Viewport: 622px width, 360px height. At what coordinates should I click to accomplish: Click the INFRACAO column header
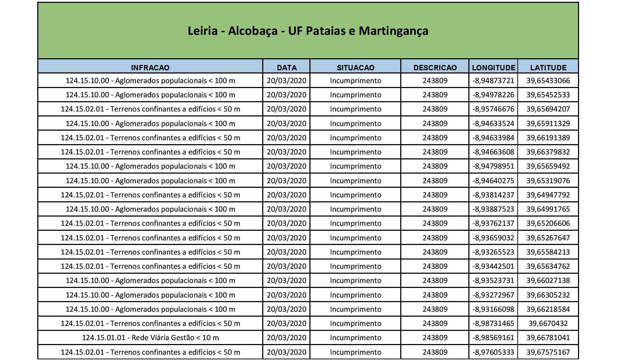(x=150, y=67)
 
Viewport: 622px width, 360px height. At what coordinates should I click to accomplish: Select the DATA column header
(x=287, y=67)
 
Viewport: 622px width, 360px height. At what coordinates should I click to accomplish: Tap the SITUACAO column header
(x=356, y=67)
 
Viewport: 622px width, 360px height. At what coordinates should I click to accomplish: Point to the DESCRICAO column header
(x=435, y=67)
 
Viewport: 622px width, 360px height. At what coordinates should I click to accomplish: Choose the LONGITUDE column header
(x=494, y=67)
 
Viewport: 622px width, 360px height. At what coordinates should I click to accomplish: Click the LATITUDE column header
(x=548, y=67)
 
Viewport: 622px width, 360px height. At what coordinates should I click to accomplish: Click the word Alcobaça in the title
(x=253, y=31)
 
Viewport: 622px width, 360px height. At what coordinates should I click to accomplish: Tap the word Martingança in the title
(x=393, y=31)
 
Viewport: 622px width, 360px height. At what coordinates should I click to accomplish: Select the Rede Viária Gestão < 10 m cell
(x=150, y=338)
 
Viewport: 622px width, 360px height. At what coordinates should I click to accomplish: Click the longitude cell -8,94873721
(x=494, y=81)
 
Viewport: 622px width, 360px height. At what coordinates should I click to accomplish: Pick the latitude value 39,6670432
(x=548, y=323)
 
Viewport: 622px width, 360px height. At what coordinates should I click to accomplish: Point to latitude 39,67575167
(x=548, y=352)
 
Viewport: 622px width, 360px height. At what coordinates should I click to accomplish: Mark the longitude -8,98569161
(x=494, y=338)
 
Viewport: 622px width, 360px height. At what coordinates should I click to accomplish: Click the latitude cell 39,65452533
(x=548, y=95)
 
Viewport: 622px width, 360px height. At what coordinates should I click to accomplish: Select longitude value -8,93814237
(x=494, y=195)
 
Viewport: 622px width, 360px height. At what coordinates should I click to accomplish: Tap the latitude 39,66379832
(x=548, y=152)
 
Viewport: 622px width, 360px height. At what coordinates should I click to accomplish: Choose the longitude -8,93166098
(x=494, y=309)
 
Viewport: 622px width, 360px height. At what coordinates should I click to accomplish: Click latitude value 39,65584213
(x=548, y=252)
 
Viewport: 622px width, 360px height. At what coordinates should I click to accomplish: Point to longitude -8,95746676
(x=494, y=109)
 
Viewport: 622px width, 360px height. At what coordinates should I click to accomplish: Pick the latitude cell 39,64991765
(x=548, y=209)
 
